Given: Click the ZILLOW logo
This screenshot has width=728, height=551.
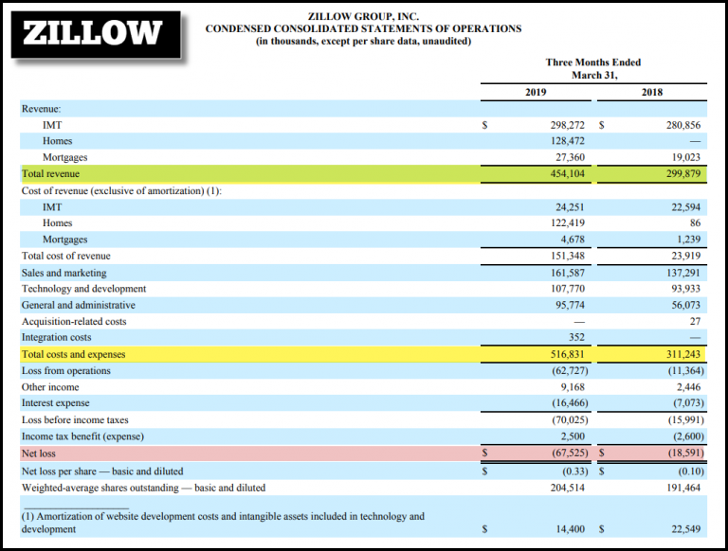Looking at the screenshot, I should (92, 33).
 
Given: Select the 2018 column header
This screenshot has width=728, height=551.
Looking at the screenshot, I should (652, 92).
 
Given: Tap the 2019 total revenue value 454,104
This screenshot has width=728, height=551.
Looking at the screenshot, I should (562, 174).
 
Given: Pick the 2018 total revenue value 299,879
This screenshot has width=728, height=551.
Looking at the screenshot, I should (678, 174).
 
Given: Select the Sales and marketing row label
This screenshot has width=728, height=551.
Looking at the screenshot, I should (64, 273).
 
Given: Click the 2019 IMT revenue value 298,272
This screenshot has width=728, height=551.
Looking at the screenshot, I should (562, 125).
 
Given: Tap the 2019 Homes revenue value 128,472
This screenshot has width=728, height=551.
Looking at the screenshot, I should (562, 141).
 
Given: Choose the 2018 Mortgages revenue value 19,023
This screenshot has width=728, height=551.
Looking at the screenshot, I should (682, 157).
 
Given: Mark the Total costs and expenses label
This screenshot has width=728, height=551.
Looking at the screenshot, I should (74, 354).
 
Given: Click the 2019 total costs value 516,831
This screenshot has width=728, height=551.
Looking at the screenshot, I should (562, 354).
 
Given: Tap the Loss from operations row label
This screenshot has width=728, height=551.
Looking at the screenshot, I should (66, 371).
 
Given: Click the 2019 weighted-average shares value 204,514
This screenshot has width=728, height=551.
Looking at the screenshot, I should (562, 488).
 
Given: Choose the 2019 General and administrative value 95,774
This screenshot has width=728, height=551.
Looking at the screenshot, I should (565, 305).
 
